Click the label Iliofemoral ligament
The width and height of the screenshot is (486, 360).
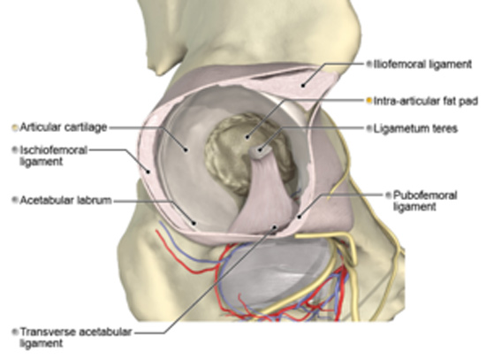[x=422, y=65]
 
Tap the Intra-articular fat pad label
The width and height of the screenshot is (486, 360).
[x=426, y=101]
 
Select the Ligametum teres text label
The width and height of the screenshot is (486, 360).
[x=415, y=128]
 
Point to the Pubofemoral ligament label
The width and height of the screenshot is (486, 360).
[x=425, y=201]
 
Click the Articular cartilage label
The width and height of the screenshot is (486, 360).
[x=64, y=127]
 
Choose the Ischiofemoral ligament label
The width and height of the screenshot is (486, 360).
[x=53, y=156]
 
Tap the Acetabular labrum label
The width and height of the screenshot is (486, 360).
[x=65, y=200]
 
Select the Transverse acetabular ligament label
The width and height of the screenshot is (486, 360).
[x=76, y=338]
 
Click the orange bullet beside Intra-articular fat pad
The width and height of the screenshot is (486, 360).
[x=368, y=101]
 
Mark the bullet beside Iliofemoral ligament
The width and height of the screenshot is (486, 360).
[x=368, y=64]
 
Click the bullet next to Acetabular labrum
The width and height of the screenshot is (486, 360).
[x=14, y=200]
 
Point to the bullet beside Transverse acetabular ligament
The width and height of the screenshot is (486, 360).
[x=14, y=332]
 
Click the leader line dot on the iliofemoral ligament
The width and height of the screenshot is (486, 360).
[x=303, y=85]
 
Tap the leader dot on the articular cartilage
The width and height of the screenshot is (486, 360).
[x=186, y=150]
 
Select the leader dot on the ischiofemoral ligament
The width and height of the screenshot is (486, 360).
[x=148, y=172]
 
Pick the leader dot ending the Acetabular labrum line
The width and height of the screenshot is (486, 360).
[x=194, y=223]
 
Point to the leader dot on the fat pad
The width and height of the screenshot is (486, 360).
[x=247, y=136]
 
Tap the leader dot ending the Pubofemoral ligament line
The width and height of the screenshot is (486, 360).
[x=299, y=217]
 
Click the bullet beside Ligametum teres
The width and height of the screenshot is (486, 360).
[x=368, y=128]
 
